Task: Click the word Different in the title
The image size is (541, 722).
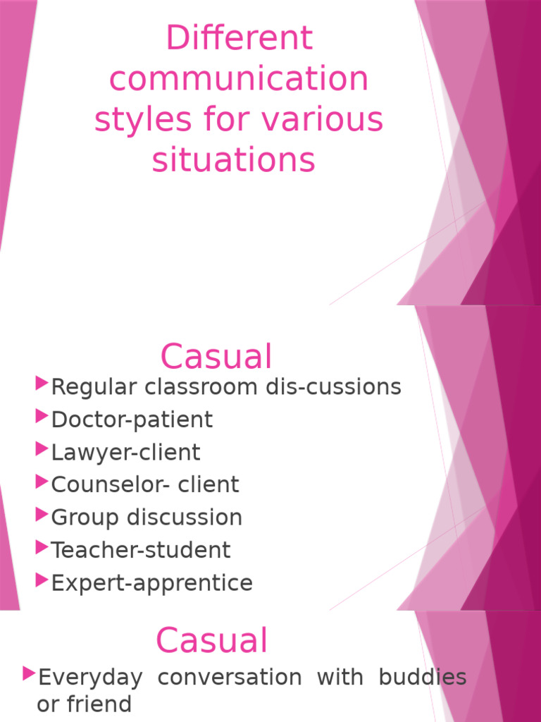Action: [239, 38]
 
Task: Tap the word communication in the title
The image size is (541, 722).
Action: [239, 79]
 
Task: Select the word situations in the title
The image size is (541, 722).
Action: [233, 160]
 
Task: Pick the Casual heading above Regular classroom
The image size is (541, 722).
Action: [216, 356]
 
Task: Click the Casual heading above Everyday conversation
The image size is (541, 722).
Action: [211, 641]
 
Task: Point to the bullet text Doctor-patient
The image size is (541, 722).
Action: [132, 420]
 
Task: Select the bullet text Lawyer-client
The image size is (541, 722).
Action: [125, 452]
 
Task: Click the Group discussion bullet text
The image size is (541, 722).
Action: [147, 517]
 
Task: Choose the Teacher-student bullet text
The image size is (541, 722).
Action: [141, 549]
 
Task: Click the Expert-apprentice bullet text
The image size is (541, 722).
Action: [151, 583]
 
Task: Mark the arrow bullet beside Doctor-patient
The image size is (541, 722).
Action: [41, 417]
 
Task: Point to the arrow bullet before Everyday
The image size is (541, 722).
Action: [28, 674]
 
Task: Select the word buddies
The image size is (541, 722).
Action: [422, 677]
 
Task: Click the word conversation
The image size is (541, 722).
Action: [230, 677]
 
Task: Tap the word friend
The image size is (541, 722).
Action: [105, 703]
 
